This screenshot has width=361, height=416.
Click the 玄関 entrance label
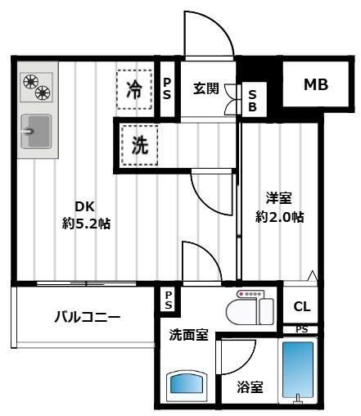[205, 89]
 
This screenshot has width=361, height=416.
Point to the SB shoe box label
[252, 99]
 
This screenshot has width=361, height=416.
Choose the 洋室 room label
[278, 197]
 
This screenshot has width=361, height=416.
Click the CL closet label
[301, 306]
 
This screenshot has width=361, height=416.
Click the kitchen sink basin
[35, 130]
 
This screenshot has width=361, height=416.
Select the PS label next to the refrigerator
[167, 89]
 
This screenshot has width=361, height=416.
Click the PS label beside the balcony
[168, 300]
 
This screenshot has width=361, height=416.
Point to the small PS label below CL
[302, 329]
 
